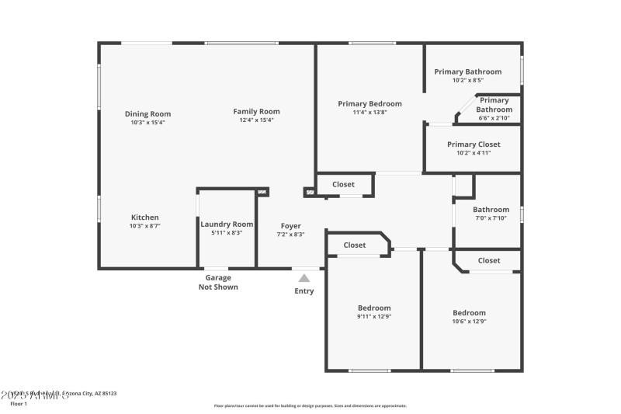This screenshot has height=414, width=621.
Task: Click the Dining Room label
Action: pyautogui.click(x=147, y=114)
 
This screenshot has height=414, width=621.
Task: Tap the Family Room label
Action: pyautogui.click(x=256, y=112)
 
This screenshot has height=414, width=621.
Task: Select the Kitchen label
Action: pyautogui.click(x=144, y=217)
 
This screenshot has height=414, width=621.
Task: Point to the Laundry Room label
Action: pyautogui.click(x=227, y=224)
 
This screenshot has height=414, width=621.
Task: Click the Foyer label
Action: pyautogui.click(x=291, y=226)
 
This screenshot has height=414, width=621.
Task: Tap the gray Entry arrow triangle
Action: pyautogui.click(x=304, y=277)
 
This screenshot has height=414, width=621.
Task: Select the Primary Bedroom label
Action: pyautogui.click(x=369, y=103)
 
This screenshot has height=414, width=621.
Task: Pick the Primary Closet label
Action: pyautogui.click(x=474, y=144)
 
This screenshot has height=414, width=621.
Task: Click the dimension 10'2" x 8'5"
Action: pyautogui.click(x=468, y=80)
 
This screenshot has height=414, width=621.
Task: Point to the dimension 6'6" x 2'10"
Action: pyautogui.click(x=494, y=118)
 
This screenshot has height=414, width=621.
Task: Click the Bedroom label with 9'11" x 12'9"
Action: pyautogui.click(x=374, y=308)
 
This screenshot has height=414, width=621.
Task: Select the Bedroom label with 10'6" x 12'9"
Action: pyautogui.click(x=469, y=312)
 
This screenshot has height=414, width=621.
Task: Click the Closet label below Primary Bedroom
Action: pyautogui.click(x=343, y=184)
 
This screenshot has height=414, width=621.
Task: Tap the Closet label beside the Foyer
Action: pyautogui.click(x=354, y=245)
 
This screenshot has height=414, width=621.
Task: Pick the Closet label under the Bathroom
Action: pyautogui.click(x=489, y=260)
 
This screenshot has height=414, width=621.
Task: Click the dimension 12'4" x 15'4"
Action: pyautogui.click(x=256, y=120)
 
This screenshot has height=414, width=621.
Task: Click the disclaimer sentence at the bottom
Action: pyautogui.click(x=310, y=405)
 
